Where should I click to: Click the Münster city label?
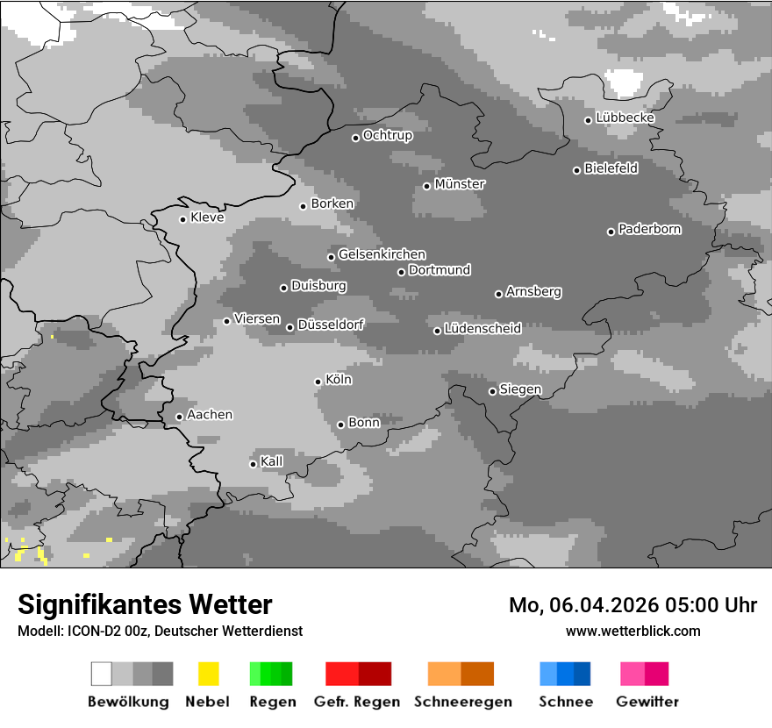coord(460,184)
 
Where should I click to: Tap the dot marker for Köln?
coord(318,382)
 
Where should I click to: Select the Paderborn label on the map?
coord(650,229)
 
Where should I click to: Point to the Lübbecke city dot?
coord(589,120)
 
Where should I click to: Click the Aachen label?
coord(210,415)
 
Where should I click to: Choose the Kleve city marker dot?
coord(182,219)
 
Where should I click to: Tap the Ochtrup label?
coord(388,135)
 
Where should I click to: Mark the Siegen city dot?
coord(492,391)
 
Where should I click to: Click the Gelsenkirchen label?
coord(382,254)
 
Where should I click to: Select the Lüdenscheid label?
coord(482,329)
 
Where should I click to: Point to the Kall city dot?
coord(253,464)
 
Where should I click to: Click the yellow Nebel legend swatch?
coord(208,674)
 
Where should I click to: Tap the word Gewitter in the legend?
coord(647,702)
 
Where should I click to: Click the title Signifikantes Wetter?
coord(145,604)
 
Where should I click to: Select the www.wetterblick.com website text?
coord(633,631)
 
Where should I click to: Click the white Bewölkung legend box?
coord(101,674)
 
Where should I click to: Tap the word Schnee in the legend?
coord(566,702)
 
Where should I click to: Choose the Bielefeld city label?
coord(611,168)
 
